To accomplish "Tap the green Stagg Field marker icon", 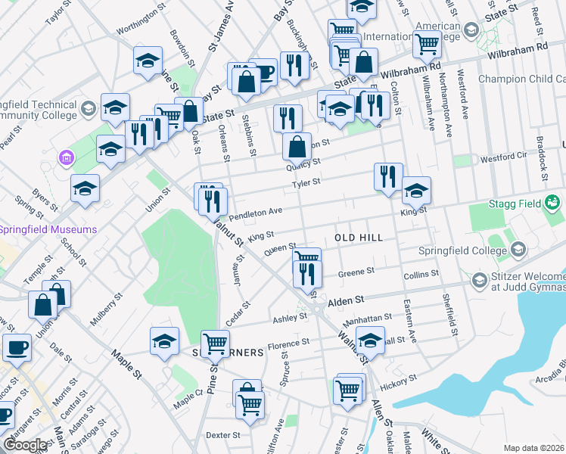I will tap(553, 202).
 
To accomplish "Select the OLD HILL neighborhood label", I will tap(359, 238).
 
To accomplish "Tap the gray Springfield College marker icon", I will tap(518, 249).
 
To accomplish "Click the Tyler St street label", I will tap(307, 182).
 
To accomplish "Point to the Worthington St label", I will tap(140, 23).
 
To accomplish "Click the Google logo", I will tap(25, 445).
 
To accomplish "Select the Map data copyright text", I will tap(534, 448).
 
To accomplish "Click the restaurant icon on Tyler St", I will tap(388, 177).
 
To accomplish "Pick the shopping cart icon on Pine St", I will tap(216, 343).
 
